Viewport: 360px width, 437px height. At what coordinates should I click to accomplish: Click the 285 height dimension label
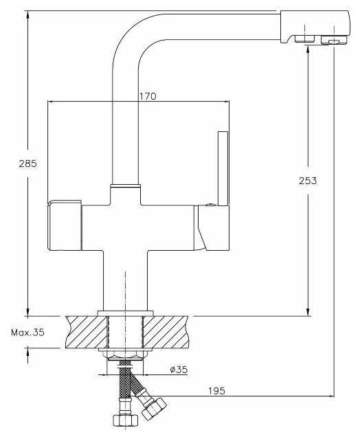pos(28,164)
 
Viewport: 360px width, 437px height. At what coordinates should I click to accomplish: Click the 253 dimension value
pos(308,181)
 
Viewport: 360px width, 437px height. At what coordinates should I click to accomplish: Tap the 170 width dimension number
pos(148,96)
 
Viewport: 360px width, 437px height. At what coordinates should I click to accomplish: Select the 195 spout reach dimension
pos(216,391)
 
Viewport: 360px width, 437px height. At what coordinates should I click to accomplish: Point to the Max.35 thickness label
pos(27,332)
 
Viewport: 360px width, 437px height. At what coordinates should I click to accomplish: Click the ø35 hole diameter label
pos(179,370)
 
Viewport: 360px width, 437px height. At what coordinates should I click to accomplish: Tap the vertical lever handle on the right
pos(223,168)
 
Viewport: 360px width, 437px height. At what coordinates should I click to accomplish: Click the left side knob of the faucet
pos(65,225)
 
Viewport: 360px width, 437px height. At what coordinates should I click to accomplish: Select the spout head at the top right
pos(315,27)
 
